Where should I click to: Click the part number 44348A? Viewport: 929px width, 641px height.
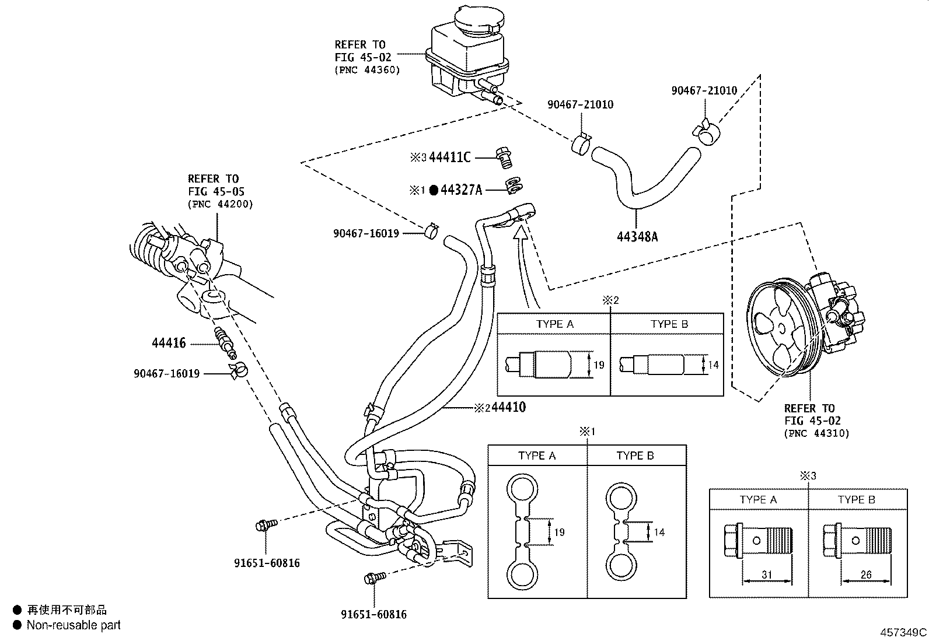coord(637,237)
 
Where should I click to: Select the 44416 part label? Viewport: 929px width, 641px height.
coord(169,344)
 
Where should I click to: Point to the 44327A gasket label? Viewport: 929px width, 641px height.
coord(461,190)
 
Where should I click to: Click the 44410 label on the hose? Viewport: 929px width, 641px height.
coord(508,407)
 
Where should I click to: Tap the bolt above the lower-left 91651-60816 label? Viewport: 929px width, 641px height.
coord(262,526)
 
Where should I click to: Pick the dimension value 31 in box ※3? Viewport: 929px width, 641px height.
coord(766,575)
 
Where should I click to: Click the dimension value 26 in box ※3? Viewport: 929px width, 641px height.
coord(865,575)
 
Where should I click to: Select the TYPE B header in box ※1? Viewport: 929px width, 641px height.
coord(635,456)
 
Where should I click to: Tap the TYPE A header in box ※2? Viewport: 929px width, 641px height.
coord(554,324)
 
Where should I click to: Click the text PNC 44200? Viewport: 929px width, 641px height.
coord(220,205)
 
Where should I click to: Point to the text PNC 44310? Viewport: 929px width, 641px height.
coord(817,433)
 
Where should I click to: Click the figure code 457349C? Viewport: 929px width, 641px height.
coord(903,632)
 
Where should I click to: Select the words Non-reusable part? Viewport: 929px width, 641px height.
coord(74,625)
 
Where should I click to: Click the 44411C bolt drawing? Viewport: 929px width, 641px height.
coord(503,157)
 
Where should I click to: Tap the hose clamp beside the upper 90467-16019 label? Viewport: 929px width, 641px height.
coord(431,232)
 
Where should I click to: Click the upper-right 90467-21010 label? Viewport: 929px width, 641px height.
coord(704,90)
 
